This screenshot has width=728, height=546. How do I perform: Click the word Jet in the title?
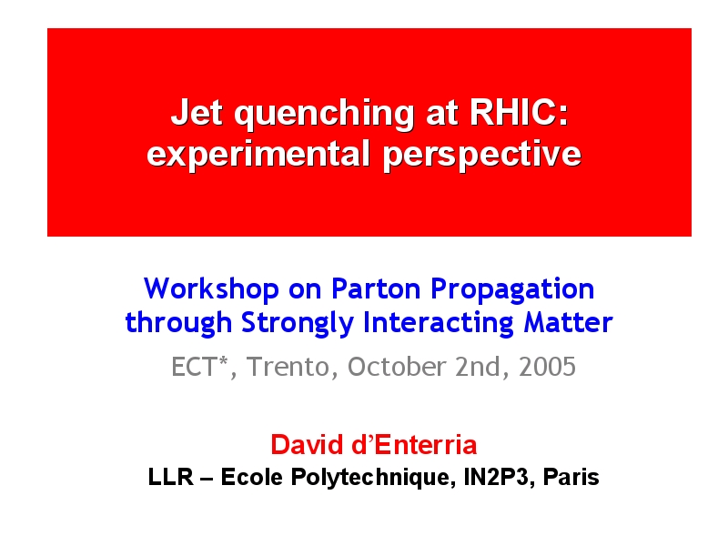coord(197,112)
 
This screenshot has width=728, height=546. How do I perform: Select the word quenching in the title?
coord(324,115)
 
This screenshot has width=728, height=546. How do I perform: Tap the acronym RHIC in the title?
coord(514,112)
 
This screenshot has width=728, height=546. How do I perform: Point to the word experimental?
coord(258,155)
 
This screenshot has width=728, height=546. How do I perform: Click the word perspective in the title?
coord(482,155)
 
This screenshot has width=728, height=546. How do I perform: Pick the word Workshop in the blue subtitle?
coord(211,288)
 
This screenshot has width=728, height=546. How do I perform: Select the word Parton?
coord(375,288)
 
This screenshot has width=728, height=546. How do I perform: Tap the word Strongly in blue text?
coord(298,324)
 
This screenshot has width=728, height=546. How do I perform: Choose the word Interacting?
coord(438,324)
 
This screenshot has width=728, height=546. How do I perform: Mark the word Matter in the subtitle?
coord(568,323)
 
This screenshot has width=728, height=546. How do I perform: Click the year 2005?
coord(547,367)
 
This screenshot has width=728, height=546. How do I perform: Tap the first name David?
coord(307,445)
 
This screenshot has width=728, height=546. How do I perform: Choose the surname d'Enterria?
coord(414,445)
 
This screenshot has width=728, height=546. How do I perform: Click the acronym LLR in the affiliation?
coord(170,477)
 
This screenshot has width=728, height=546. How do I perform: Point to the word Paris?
coord(571,477)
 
